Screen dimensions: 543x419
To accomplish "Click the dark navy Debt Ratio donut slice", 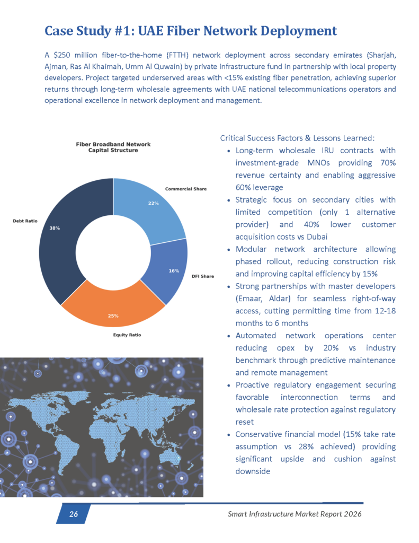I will (58, 239).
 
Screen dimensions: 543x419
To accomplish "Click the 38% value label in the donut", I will (55, 228).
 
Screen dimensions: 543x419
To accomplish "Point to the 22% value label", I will (153, 203).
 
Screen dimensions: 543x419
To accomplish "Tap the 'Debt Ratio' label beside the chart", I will (25, 221).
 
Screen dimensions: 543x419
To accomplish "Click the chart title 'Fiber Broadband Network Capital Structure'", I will (113, 147).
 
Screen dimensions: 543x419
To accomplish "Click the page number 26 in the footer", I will (74, 514).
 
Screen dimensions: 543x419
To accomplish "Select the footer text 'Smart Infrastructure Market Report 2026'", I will (295, 514).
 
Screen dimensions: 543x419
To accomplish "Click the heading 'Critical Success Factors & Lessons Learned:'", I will (297, 138).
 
